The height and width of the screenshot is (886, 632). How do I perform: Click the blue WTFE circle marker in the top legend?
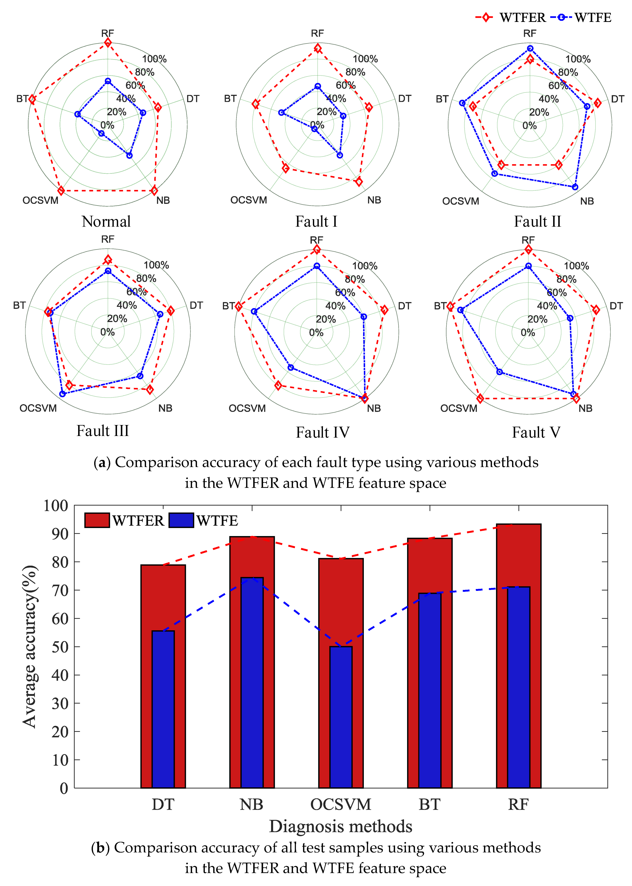[x=561, y=17]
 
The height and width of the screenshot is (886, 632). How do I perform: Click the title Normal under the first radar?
[x=106, y=222]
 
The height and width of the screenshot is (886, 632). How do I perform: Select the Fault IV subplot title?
[x=323, y=432]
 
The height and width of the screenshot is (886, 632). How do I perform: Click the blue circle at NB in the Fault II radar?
[x=575, y=187]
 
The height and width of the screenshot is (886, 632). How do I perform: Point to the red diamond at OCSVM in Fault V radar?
[x=480, y=398]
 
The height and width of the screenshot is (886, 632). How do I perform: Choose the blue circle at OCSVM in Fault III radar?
[x=62, y=394]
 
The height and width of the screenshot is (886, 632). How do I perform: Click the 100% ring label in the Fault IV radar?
[x=365, y=266]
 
